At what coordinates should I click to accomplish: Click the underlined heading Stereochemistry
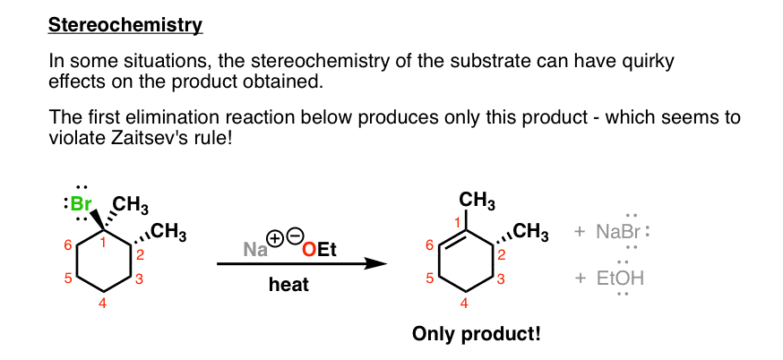[x=125, y=25]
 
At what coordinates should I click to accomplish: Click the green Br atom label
[x=80, y=203]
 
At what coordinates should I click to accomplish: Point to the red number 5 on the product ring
[x=429, y=279]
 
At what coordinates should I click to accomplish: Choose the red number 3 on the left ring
[x=140, y=279]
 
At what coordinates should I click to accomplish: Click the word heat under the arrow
[x=288, y=285]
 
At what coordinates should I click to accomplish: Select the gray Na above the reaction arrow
[x=255, y=249]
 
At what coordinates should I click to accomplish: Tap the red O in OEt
[x=310, y=250]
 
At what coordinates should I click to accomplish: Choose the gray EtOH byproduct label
[x=620, y=279]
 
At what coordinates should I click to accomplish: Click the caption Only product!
[x=476, y=334]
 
